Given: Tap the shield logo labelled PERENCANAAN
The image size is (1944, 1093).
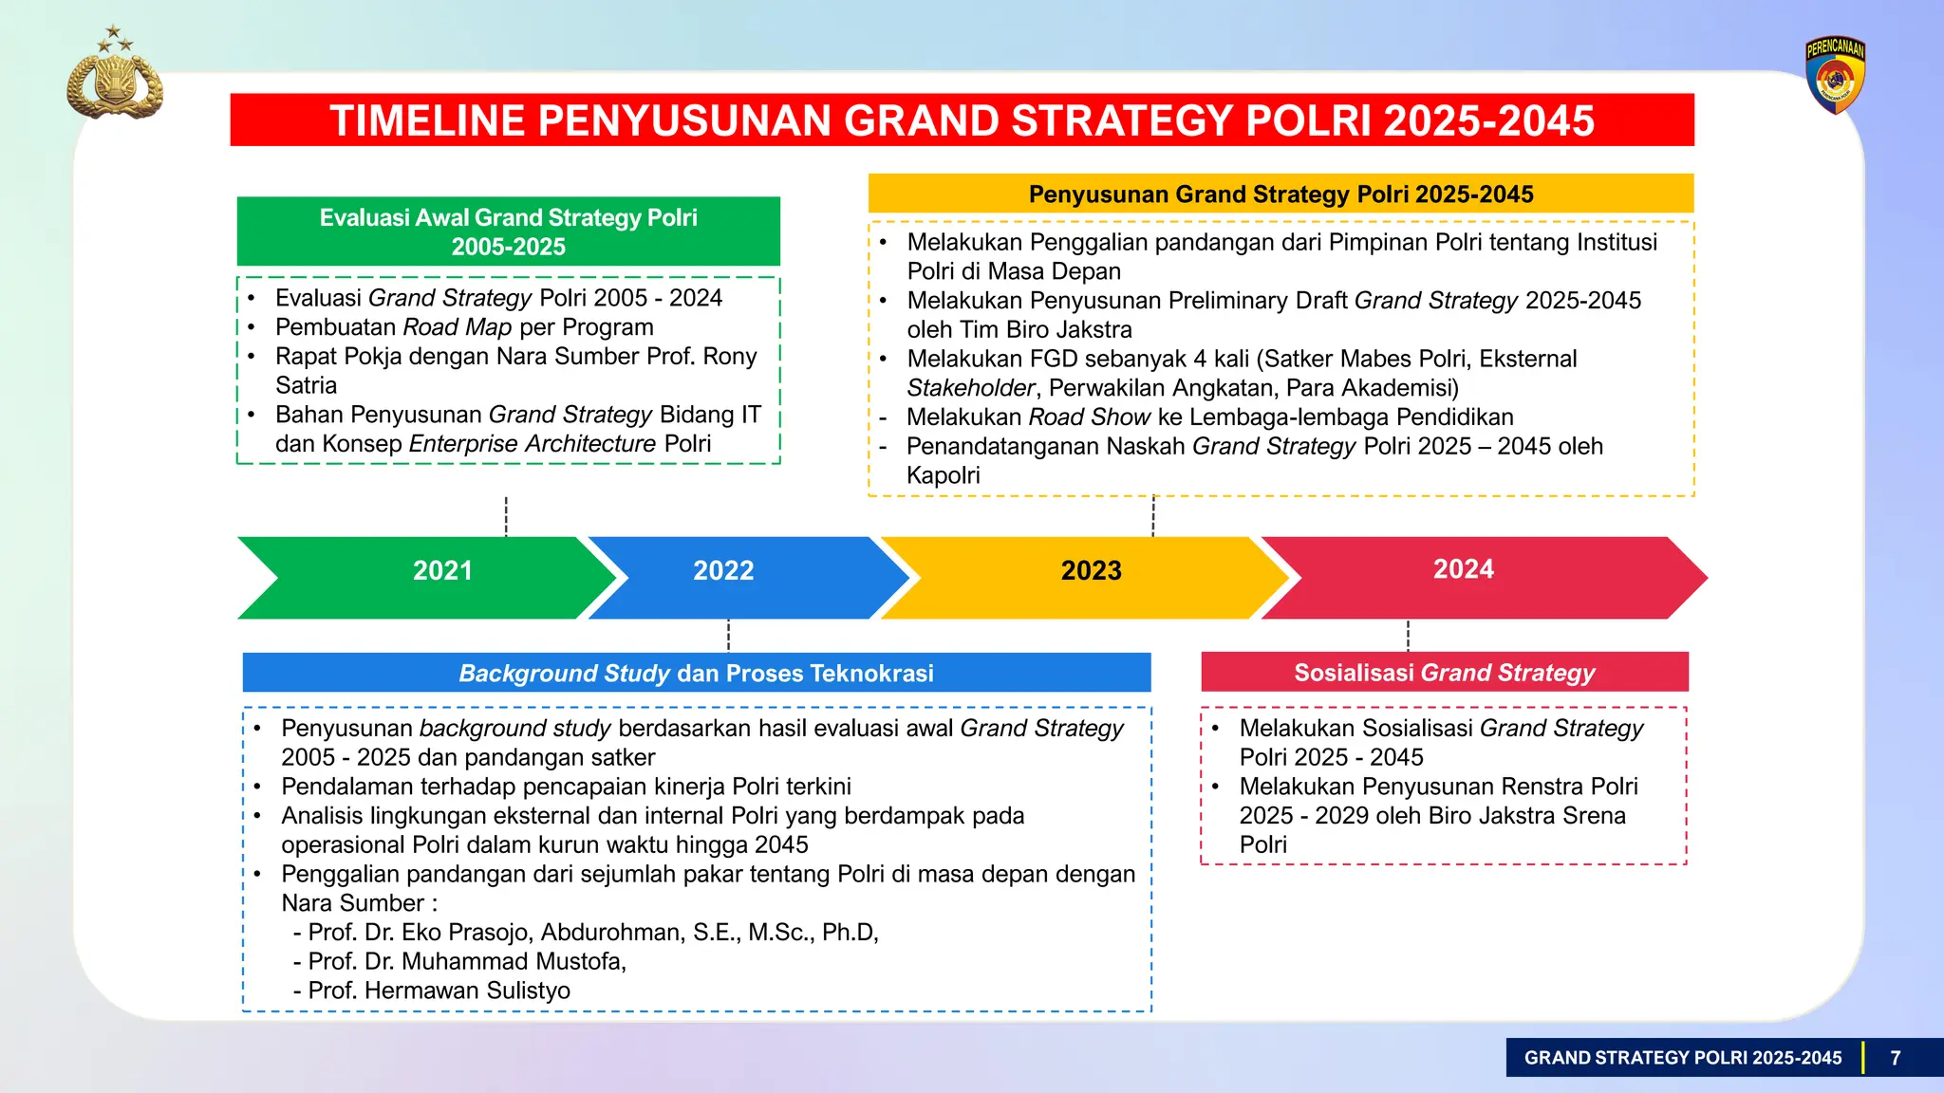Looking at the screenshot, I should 1835,76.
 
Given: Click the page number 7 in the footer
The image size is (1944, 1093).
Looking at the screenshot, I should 1895,1058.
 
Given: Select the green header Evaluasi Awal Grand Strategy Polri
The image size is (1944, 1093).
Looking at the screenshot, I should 508,232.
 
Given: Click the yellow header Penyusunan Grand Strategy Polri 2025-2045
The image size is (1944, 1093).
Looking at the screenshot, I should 1280,194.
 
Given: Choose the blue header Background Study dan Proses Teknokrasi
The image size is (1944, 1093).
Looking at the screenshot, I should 696,673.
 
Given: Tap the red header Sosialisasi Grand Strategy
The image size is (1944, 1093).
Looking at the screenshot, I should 1444,672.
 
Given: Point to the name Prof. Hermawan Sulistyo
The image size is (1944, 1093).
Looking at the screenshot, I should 439,991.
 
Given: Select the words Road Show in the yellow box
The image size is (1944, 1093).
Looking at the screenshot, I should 1089,417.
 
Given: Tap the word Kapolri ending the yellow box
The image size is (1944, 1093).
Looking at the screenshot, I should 943,475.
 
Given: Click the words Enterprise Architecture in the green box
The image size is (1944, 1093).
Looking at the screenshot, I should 532,444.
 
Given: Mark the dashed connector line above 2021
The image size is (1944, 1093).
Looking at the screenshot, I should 506,516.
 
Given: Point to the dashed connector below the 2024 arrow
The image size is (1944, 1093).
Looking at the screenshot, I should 1408,635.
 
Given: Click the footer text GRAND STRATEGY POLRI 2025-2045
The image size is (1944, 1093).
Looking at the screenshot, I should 1682,1058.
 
